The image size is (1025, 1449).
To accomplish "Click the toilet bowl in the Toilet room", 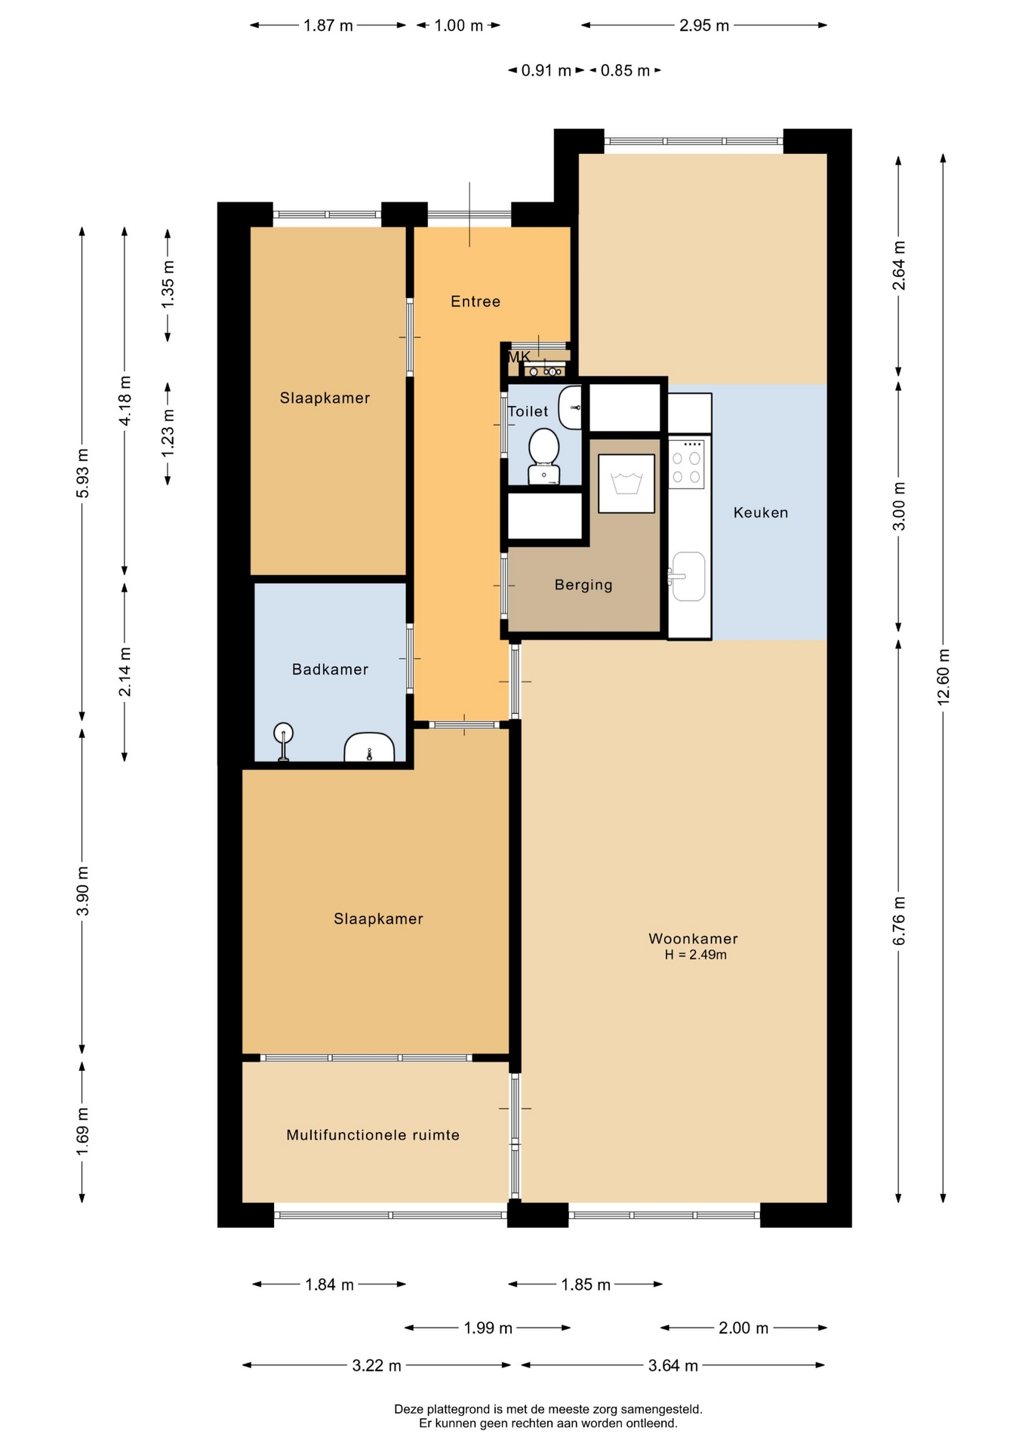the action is click(x=543, y=456).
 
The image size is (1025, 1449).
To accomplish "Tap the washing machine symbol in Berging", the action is click(x=626, y=483).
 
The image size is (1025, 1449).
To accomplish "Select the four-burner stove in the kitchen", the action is click(x=687, y=464).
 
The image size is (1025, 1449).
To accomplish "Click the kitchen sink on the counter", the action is click(x=688, y=576).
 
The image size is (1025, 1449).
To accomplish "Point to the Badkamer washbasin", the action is click(x=369, y=747).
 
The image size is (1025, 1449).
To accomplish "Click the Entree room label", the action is click(x=476, y=302).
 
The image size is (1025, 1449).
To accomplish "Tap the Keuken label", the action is click(x=761, y=512).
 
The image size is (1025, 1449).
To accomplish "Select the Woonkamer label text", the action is click(x=693, y=938).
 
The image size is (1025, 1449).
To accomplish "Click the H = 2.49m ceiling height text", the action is click(x=695, y=955).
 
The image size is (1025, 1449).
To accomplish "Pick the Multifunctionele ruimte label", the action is click(x=373, y=1134).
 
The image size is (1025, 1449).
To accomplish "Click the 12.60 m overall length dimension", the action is click(x=943, y=676).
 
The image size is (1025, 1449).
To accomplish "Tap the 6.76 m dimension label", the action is click(x=898, y=920).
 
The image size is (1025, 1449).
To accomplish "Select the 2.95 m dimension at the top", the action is click(x=704, y=26).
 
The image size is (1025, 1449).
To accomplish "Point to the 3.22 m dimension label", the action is click(x=377, y=1365).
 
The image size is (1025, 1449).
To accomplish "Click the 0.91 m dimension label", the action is click(x=546, y=71).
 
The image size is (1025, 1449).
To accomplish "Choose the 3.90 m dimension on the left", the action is click(x=82, y=891).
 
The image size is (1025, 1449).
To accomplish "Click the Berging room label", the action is click(x=583, y=585).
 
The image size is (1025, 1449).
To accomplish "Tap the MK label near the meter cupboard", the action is click(x=519, y=356).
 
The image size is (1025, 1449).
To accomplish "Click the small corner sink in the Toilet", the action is click(x=571, y=407).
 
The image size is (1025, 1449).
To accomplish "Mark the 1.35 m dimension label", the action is click(x=168, y=283).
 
